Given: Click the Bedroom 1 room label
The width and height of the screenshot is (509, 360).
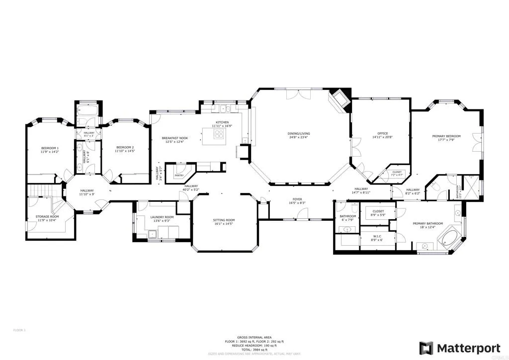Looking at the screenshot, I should point(50,148).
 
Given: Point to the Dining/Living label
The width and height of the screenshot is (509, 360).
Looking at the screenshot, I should point(299,133).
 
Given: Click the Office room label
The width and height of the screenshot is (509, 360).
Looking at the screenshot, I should point(382,133).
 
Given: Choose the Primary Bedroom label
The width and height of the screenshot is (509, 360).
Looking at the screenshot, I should point(449,136).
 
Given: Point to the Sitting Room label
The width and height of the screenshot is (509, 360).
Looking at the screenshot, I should point(224,220).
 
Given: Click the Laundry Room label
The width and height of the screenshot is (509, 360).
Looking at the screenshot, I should point(162,217).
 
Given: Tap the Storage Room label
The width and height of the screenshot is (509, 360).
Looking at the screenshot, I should point(47,217).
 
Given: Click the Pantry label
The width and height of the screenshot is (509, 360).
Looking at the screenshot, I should point(179,175).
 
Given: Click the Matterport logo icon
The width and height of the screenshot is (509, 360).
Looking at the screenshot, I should point(426,348).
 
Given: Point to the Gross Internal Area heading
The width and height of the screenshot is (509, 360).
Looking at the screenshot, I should point(254,337).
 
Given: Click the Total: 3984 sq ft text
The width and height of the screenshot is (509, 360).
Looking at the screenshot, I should point(254,349).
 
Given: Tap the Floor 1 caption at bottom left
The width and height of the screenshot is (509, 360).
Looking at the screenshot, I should point(19,330).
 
